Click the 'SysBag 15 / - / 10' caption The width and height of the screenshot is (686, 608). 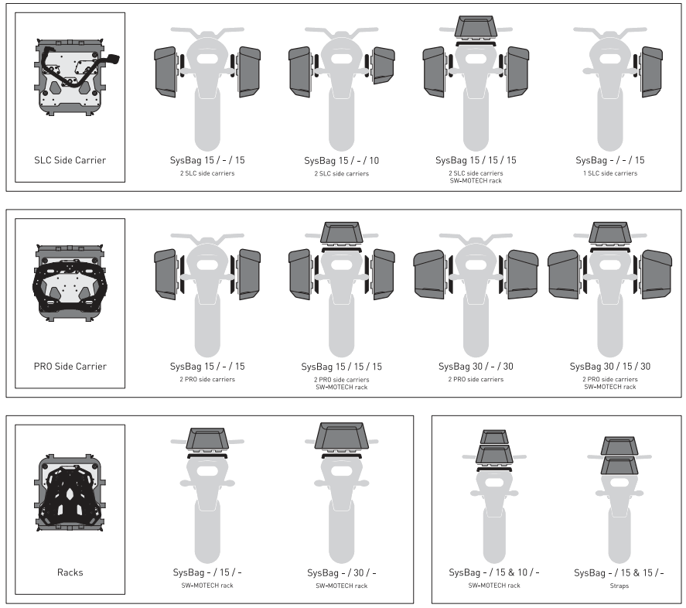(342, 160)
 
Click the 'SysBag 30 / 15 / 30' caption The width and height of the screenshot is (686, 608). (609, 365)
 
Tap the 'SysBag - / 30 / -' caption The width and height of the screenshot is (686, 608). (341, 572)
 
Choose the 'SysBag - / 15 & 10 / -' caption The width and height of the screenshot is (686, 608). (494, 572)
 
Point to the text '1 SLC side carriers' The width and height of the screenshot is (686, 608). (609, 173)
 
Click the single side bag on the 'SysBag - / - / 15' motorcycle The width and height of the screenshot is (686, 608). (651, 71)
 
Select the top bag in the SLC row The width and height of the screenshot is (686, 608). (476, 27)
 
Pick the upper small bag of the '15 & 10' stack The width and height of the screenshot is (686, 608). (494, 436)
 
